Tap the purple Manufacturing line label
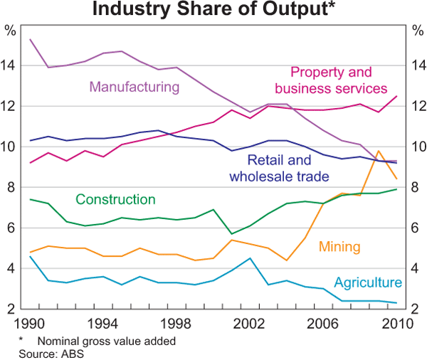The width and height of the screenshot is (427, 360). tap(134, 87)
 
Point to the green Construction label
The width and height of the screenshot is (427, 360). tap(115, 199)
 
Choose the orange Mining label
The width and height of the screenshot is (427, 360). tap(339, 247)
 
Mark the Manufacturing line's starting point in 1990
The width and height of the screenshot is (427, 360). tap(30, 39)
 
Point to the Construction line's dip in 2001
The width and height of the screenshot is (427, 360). tap(231, 233)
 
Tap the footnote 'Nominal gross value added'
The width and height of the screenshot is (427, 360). tap(106, 341)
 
